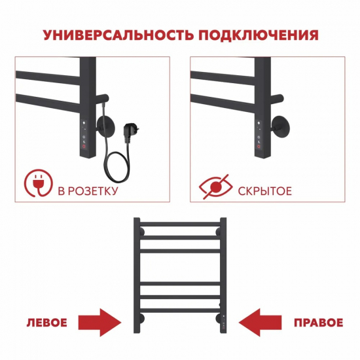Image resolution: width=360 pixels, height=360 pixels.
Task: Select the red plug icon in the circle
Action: click(38, 185)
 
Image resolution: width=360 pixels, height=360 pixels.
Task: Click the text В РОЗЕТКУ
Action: click(88, 192)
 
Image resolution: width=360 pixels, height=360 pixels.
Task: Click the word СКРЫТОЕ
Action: click(266, 192)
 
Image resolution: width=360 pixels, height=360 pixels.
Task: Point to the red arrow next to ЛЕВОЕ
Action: click(100, 323)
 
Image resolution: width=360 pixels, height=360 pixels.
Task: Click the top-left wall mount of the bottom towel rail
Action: click(140, 231)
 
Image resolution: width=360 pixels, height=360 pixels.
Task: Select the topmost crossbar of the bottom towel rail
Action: click(180, 228)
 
